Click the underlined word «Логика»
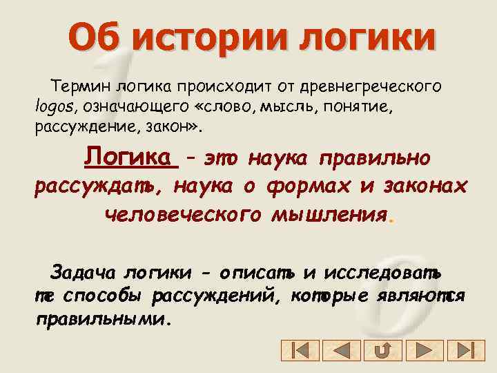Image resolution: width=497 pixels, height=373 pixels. [x=130, y=157]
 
